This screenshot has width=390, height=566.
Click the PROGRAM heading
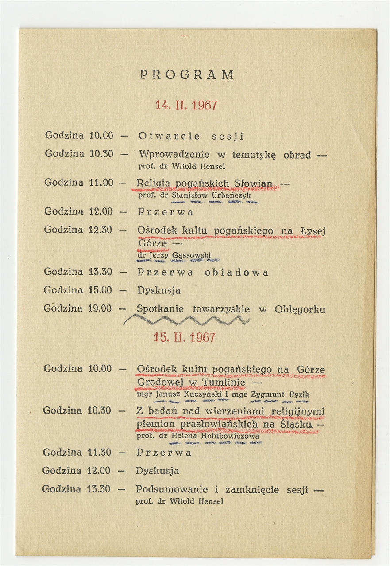[x=186, y=75]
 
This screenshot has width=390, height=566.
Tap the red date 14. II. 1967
[x=186, y=105]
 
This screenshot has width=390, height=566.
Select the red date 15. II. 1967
[x=185, y=337]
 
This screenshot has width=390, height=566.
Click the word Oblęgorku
[x=300, y=309]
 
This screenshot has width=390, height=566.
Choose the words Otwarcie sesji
[x=191, y=136]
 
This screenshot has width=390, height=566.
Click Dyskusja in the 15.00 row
[x=158, y=291]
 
